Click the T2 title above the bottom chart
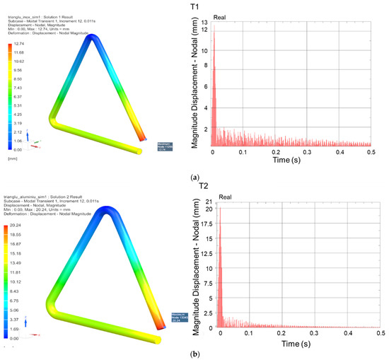[x=203, y=186]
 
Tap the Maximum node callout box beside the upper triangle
[x=166, y=147]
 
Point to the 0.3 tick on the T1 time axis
[x=307, y=152]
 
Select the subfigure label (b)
[x=194, y=353]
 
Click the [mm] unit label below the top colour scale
[x=12, y=160]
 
